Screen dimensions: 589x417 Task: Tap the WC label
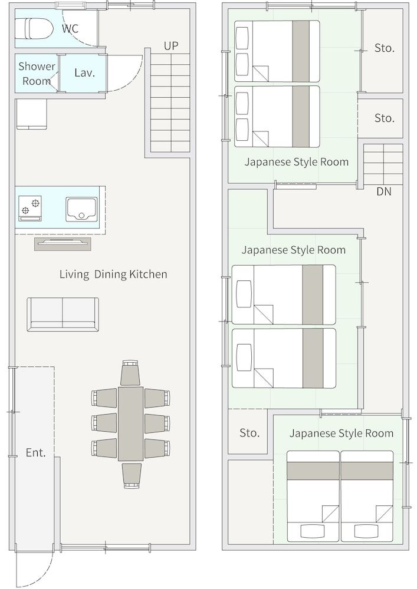(x=70, y=28)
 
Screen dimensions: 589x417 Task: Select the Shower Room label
(x=37, y=74)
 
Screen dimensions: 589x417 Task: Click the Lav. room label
(x=84, y=73)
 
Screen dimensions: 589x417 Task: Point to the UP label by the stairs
(x=171, y=45)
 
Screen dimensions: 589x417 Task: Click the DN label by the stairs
(x=383, y=191)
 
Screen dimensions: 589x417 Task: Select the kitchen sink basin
(x=81, y=209)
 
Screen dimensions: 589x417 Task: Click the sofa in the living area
(x=63, y=314)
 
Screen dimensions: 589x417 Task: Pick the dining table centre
(x=130, y=423)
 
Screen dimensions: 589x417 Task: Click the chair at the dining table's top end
(x=130, y=373)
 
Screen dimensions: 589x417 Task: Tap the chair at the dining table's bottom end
(x=131, y=475)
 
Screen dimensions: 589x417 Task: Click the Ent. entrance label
(x=35, y=452)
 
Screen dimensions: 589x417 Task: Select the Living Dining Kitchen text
(x=113, y=274)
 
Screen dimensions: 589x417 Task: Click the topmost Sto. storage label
(x=384, y=48)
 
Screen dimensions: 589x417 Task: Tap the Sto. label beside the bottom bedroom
(x=249, y=433)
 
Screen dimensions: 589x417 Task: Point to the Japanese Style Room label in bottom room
(x=341, y=434)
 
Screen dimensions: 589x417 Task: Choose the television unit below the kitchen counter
(x=63, y=244)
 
